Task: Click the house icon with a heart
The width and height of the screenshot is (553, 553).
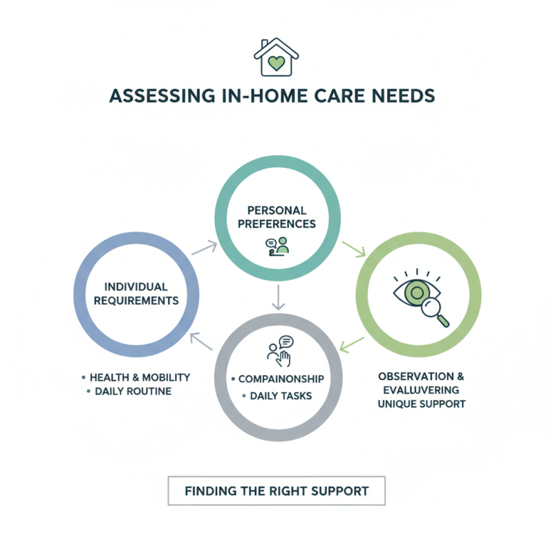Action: [x=276, y=57]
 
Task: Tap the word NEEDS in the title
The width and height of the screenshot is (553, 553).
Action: [x=407, y=97]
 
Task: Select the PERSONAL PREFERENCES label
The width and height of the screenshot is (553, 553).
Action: [x=277, y=217]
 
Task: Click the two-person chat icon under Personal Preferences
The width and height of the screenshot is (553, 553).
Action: [x=276, y=247]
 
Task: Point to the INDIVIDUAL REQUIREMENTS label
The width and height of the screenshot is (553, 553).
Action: [x=137, y=294]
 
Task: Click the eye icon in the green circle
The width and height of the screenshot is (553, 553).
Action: [x=415, y=292]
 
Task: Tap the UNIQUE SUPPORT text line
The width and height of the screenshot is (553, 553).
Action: [x=421, y=403]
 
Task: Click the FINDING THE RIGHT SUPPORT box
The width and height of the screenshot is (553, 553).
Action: [x=276, y=491]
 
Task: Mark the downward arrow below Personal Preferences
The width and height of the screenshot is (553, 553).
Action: [x=277, y=297]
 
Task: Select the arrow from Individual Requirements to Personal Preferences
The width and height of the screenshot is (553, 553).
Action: [x=203, y=247]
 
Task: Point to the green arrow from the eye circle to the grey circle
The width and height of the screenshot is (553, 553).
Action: [x=353, y=341]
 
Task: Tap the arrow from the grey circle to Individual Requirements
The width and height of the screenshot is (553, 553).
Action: [x=201, y=341]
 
